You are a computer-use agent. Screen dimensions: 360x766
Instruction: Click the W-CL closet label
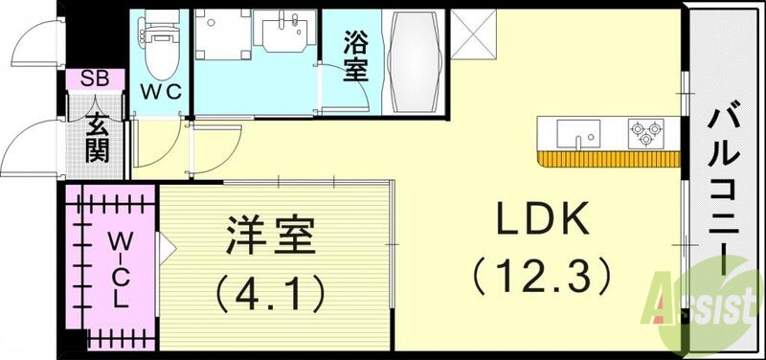click(x=117, y=267)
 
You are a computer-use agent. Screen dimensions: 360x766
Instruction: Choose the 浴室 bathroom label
click(x=355, y=57)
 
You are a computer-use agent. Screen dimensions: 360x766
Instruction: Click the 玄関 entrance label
click(x=96, y=136)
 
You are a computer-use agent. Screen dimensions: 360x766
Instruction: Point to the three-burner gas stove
click(x=645, y=133)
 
